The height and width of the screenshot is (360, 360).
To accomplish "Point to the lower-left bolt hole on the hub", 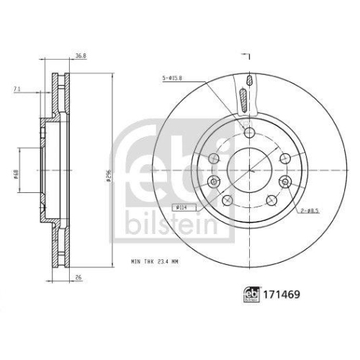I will point(228,199).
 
